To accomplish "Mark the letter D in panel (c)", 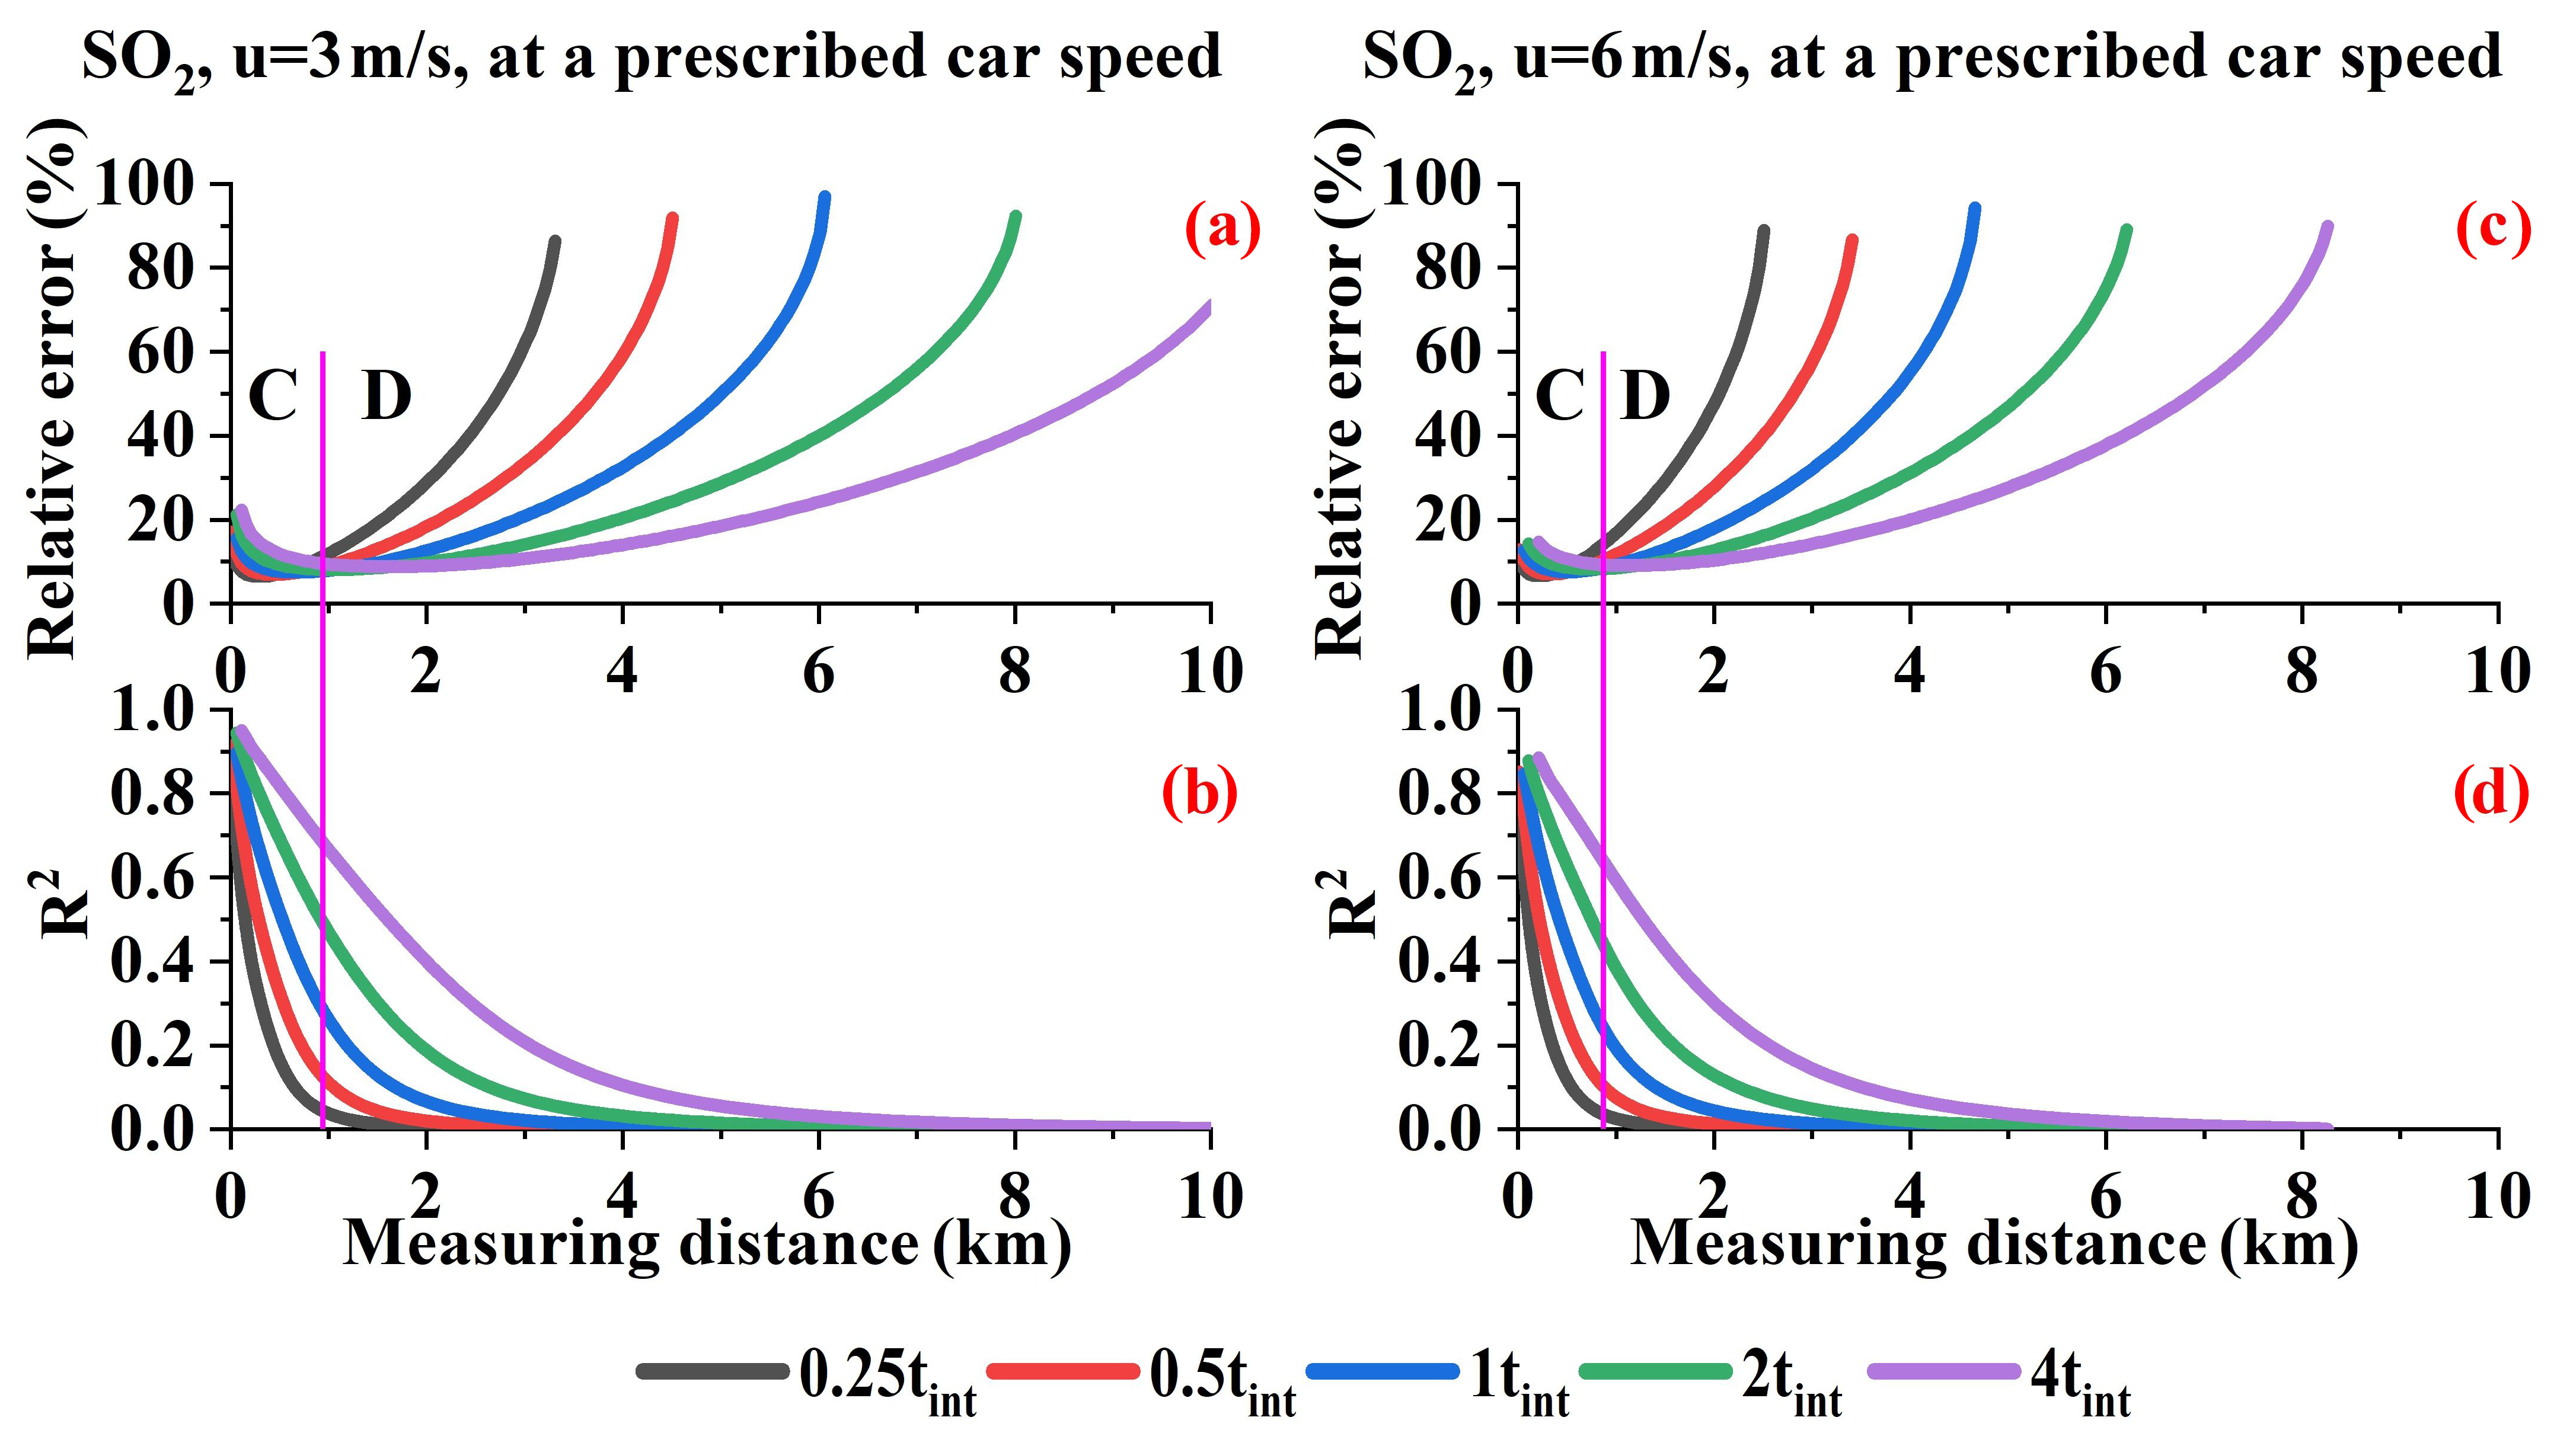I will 1645,397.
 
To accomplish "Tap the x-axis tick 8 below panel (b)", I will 1014,1197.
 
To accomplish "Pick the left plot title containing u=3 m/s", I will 651,57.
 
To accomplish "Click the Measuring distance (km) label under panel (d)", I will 1994,1243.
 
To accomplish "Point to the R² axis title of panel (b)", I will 68,904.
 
